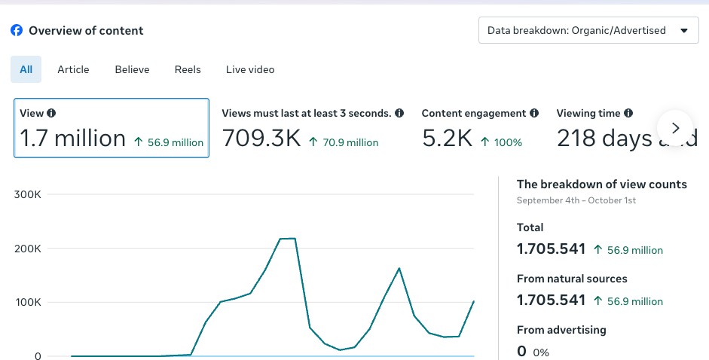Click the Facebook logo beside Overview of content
coord(17,30)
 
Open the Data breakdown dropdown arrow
coord(684,31)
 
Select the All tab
coord(26,69)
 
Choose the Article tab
coord(73,69)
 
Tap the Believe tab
coord(132,69)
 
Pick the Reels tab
coord(188,69)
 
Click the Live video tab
coord(250,69)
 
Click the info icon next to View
coord(51,113)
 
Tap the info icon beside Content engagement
coord(534,113)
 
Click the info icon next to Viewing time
coord(628,113)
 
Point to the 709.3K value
coord(261,138)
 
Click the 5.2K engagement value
coord(448,138)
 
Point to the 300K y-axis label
coord(28,194)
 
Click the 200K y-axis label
coord(28,249)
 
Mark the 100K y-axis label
coord(28,302)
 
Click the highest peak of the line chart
coord(288,238)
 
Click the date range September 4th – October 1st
coord(576,200)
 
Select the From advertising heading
coord(561,330)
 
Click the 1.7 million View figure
coord(72,138)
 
